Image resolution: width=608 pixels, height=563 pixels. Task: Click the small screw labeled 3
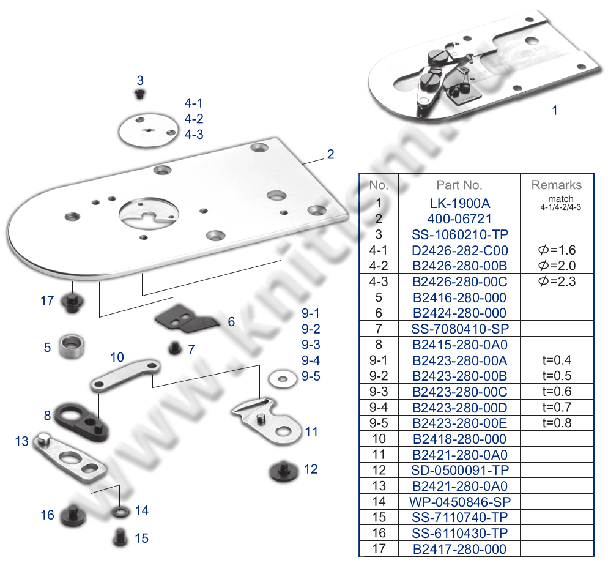(x=140, y=94)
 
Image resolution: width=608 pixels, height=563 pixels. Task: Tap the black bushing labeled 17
(x=72, y=302)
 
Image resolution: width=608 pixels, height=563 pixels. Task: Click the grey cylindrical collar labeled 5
(x=72, y=346)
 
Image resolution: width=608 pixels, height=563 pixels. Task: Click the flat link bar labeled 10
(x=125, y=374)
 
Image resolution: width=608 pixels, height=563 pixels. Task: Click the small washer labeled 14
(x=119, y=510)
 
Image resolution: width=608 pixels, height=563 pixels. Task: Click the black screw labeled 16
(x=72, y=515)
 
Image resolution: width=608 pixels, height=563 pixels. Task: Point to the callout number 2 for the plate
(x=330, y=154)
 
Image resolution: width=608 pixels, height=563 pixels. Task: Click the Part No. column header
(x=459, y=185)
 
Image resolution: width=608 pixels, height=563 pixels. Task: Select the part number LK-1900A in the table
(x=459, y=203)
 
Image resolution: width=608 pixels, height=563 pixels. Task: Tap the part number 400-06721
(x=459, y=218)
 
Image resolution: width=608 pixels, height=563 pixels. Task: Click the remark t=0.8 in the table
(x=557, y=423)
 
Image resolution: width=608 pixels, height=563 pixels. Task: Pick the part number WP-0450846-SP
(x=459, y=502)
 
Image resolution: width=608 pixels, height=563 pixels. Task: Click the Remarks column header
(x=557, y=185)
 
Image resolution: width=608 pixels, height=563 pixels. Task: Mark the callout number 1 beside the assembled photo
(x=555, y=111)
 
